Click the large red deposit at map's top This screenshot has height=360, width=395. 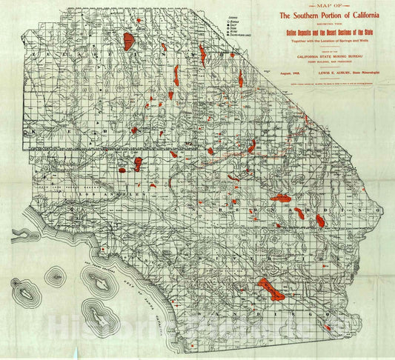[129, 40]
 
